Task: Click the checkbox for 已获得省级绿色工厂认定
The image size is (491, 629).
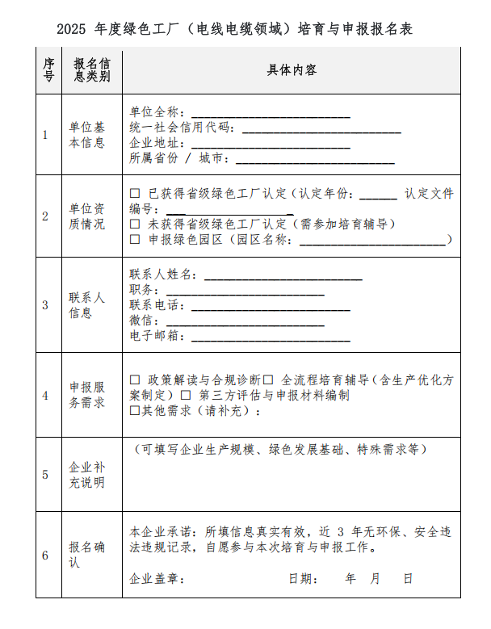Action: (x=135, y=194)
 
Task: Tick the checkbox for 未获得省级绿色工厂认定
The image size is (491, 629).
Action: (x=135, y=224)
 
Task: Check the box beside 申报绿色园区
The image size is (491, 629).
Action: (x=135, y=239)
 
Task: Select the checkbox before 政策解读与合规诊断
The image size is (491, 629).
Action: (x=135, y=379)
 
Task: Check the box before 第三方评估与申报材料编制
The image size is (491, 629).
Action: (x=185, y=395)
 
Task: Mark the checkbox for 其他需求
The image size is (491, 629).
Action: (x=135, y=410)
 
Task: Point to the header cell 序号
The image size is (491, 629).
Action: (x=48, y=70)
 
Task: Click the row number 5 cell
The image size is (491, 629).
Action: (x=46, y=475)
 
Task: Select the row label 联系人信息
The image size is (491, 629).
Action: (x=86, y=305)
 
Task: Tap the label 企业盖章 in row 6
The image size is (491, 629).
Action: (x=157, y=579)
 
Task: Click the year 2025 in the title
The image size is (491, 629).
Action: (x=73, y=30)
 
